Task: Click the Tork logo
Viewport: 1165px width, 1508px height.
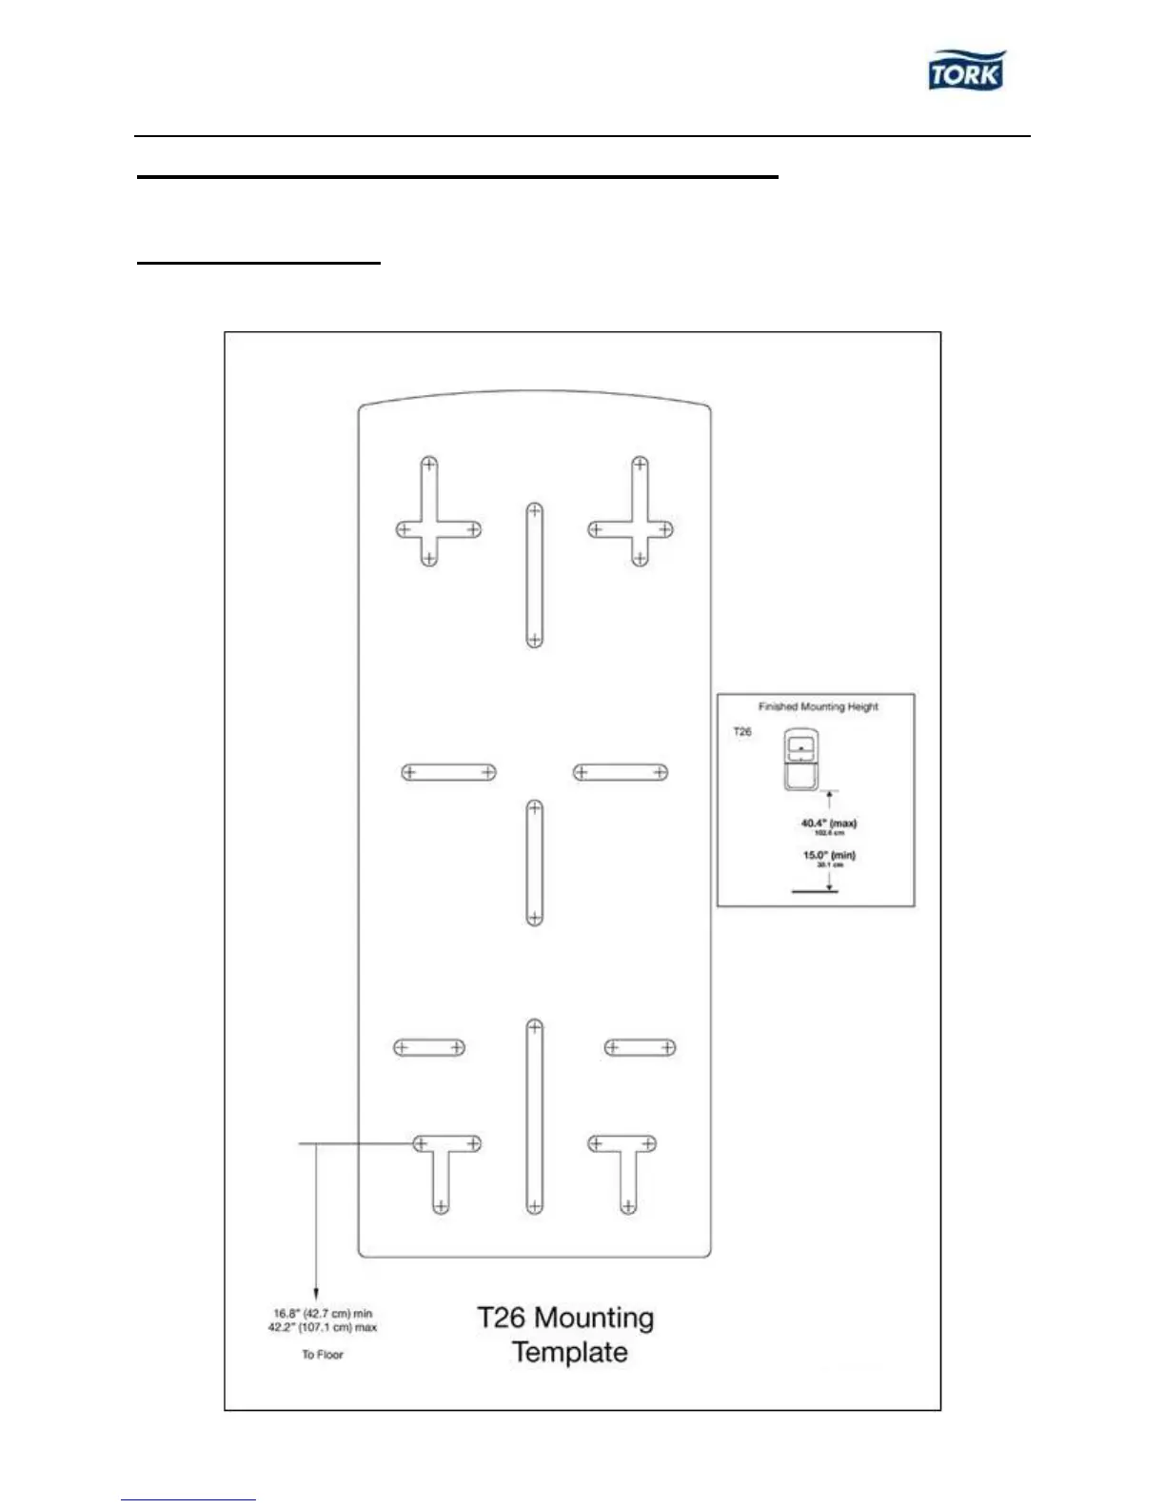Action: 966,71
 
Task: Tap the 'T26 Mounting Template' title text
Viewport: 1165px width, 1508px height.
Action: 567,1335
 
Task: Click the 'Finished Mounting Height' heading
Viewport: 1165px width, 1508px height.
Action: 818,706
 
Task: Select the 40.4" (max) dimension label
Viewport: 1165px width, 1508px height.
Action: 828,823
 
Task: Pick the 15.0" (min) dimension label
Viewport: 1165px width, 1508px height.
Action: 828,855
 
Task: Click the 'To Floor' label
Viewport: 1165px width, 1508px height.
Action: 323,1354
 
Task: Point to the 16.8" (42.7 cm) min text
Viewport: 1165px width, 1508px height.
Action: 323,1313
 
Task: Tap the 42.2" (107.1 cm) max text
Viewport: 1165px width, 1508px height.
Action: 323,1327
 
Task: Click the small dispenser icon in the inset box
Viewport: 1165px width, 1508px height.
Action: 801,761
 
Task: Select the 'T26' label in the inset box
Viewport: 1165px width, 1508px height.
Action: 742,731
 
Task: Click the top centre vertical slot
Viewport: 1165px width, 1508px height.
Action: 535,575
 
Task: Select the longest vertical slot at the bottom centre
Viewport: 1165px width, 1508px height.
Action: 535,1117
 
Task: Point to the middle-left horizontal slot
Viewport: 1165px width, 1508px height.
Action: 448,772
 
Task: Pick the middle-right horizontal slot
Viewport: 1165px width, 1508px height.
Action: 621,772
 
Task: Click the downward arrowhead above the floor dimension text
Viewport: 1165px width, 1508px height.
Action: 316,1291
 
